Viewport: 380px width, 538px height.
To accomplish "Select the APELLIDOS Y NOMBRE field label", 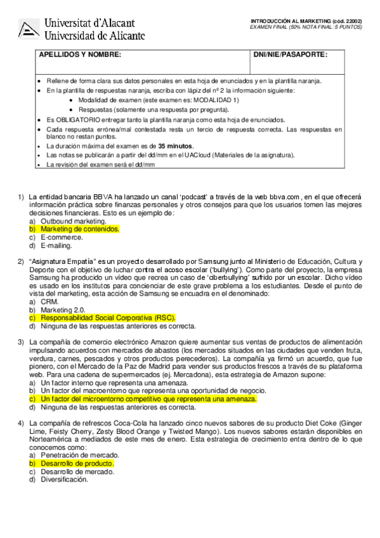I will [x=80, y=55].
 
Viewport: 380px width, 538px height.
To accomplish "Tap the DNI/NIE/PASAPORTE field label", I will [x=290, y=55].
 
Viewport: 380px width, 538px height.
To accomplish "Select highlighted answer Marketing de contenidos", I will [x=79, y=229].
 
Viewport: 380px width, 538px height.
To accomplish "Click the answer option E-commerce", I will [x=61, y=237].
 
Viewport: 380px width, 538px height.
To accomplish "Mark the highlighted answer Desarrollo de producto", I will [x=77, y=464].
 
